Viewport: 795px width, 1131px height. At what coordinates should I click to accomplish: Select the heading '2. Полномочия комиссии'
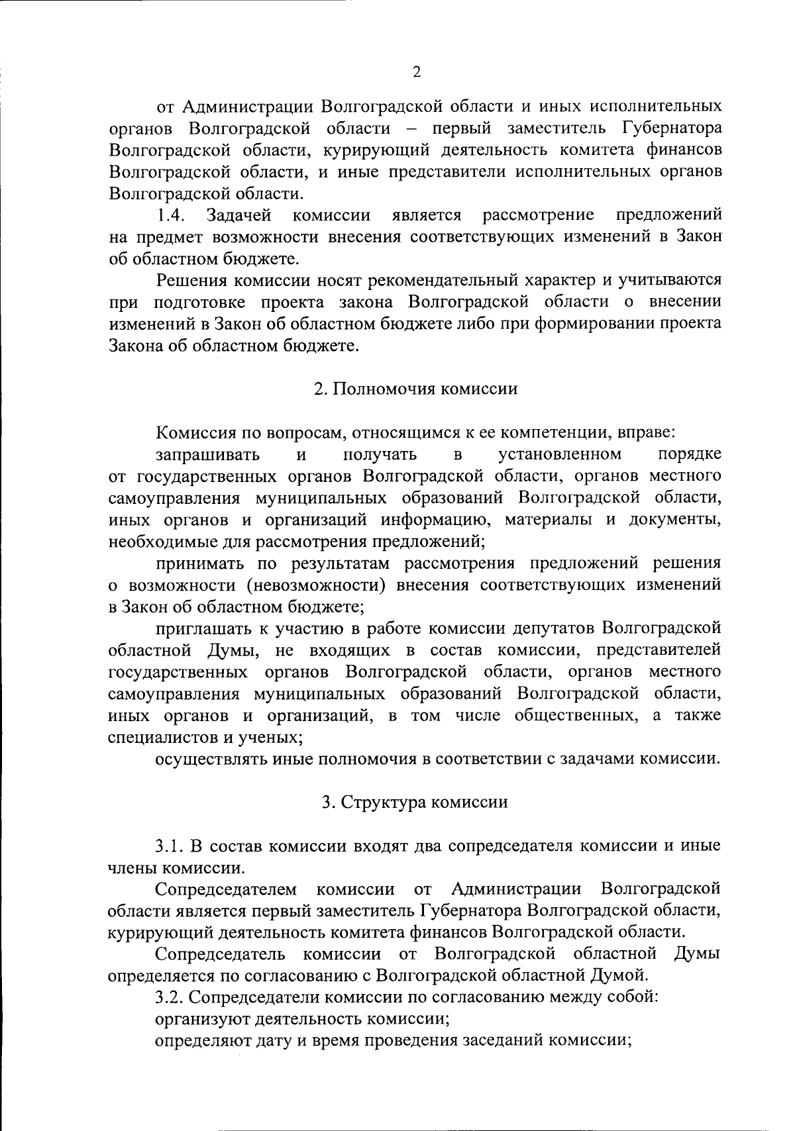(x=415, y=389)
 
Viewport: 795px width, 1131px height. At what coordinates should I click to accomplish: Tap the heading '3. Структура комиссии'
(x=415, y=802)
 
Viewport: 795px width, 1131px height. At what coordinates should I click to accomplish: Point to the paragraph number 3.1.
(x=170, y=846)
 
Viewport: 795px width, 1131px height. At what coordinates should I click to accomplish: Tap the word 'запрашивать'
(x=207, y=454)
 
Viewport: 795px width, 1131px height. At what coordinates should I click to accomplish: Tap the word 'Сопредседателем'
(x=227, y=889)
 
